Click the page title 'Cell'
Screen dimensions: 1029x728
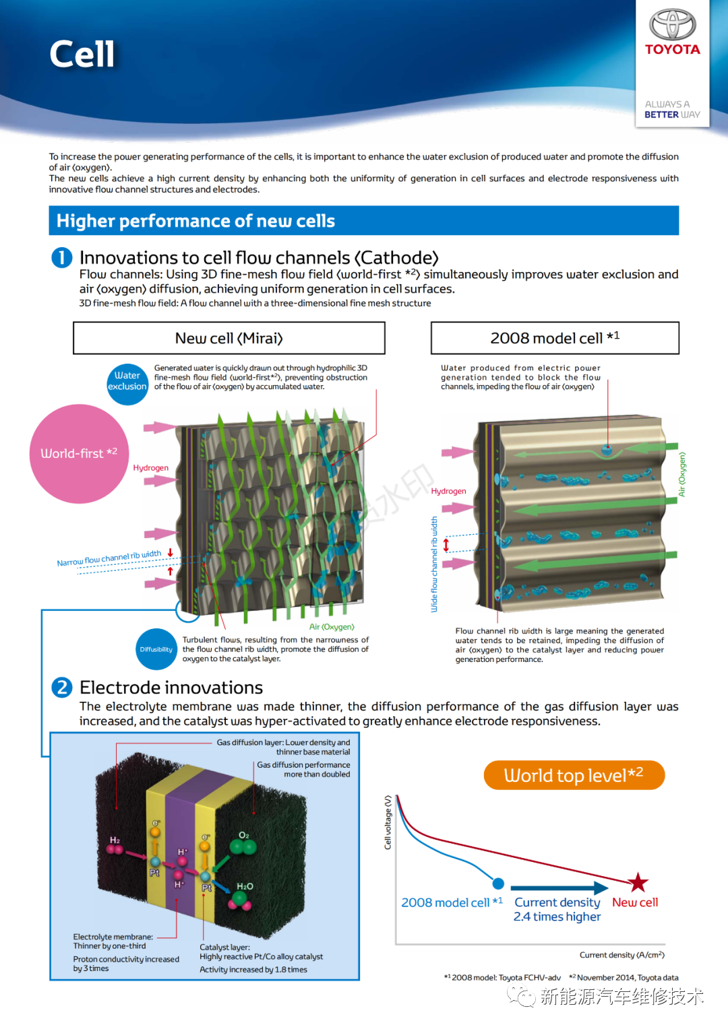[82, 54]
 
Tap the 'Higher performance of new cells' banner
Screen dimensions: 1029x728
[363, 221]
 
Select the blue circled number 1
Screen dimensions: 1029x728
[62, 257]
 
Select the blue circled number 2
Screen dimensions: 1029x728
[62, 687]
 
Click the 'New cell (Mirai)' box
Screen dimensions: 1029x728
[229, 338]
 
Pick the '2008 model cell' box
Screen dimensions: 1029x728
[555, 338]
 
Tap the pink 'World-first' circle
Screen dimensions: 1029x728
[79, 453]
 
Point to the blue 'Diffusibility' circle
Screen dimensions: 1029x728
[156, 649]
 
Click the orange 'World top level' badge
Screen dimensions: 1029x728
[574, 775]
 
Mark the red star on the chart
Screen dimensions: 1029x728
[638, 882]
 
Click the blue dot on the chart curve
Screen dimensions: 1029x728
[498, 884]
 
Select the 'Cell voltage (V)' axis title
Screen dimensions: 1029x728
[388, 822]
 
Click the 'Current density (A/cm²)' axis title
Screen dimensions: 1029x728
[621, 955]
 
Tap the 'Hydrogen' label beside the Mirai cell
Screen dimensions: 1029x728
[150, 468]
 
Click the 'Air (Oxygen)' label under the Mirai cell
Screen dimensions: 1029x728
[332, 627]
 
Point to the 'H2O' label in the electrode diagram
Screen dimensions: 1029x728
[245, 886]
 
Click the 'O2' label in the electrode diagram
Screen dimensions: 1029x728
[244, 835]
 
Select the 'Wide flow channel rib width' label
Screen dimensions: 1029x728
[434, 564]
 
